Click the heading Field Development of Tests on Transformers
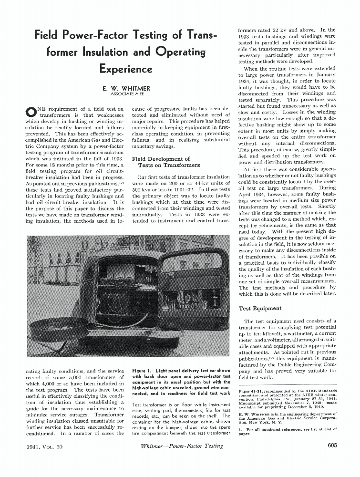(x=161, y=162)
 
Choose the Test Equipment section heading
(x=260, y=309)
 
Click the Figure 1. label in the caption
(x=144, y=371)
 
